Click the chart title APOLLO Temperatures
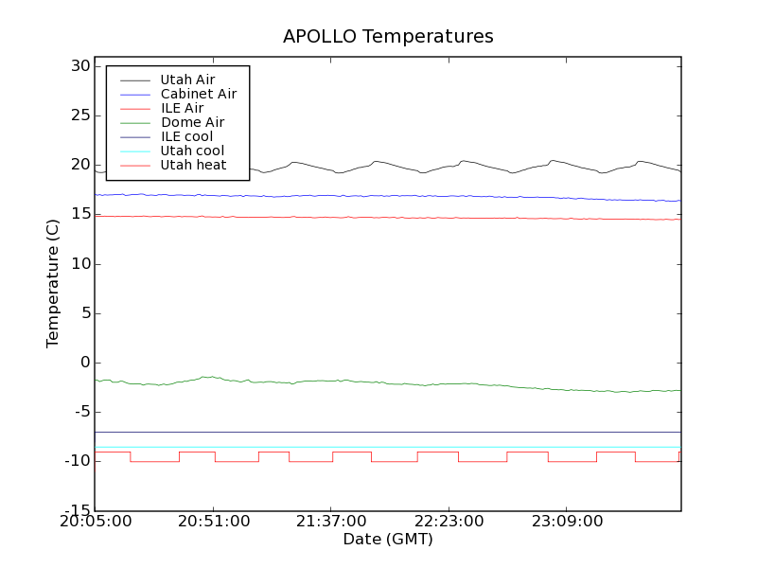click(x=388, y=37)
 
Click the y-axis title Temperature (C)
click(x=53, y=283)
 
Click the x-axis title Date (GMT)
click(x=388, y=540)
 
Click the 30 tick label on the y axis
click(x=79, y=66)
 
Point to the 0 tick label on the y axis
click(x=85, y=363)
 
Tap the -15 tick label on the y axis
click(x=78, y=511)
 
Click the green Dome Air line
click(x=378, y=382)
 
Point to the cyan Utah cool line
click(x=378, y=447)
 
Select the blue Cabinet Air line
click(x=378, y=196)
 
